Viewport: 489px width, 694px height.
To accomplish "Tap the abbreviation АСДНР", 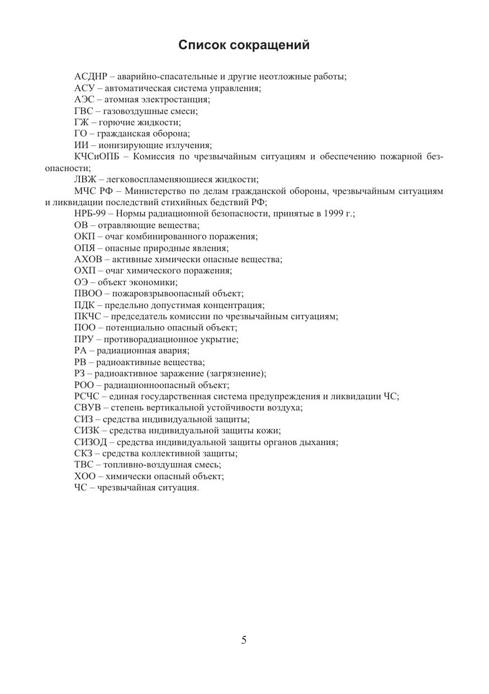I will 91,77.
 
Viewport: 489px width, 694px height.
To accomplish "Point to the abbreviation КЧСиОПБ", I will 97,157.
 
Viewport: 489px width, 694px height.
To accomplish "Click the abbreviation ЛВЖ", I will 85,180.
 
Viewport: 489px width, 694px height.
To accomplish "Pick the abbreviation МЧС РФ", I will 93,191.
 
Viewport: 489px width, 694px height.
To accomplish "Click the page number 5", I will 244,640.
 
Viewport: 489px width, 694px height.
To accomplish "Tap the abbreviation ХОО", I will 85,476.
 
